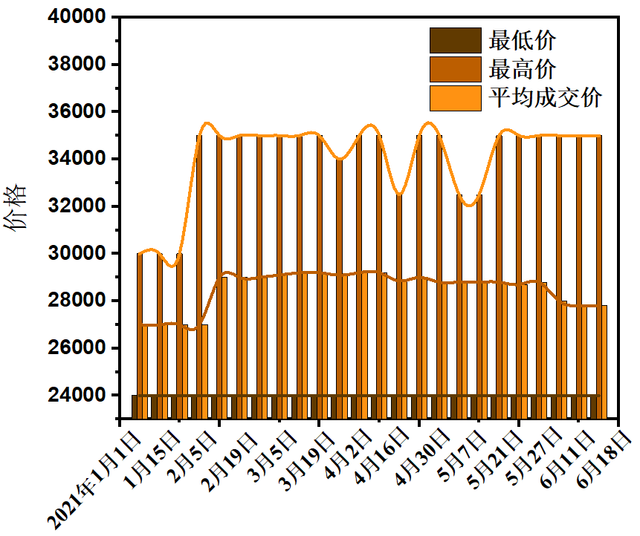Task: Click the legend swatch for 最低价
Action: (x=455, y=39)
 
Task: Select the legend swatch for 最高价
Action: (x=455, y=69)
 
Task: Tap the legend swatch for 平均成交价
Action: (x=455, y=98)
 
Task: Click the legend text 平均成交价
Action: (x=544, y=98)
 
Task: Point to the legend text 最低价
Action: (x=522, y=39)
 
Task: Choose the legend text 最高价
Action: (x=522, y=69)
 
